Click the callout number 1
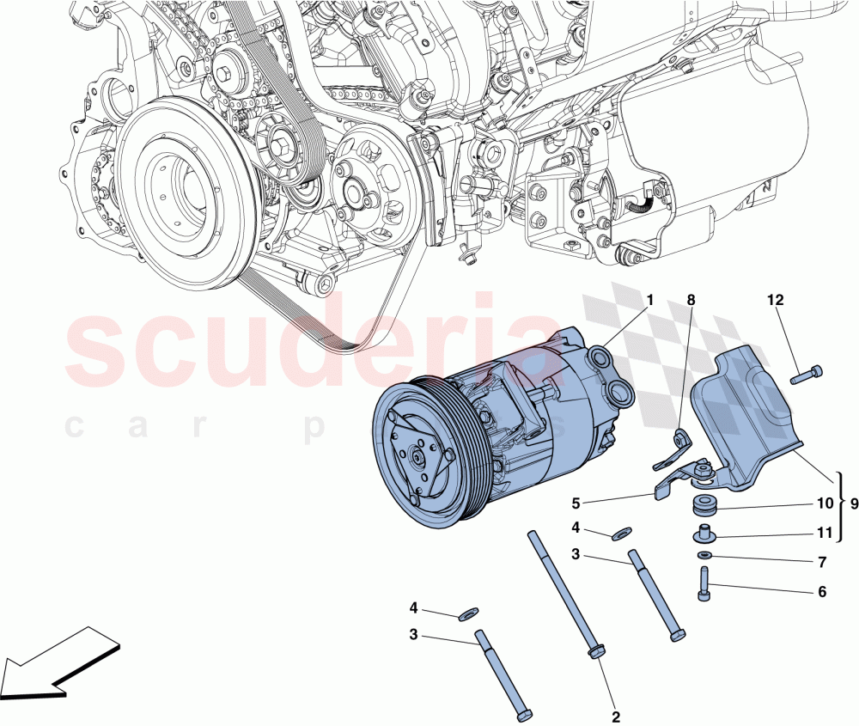[649, 300]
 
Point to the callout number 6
[821, 592]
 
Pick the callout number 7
[821, 563]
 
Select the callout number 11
[825, 534]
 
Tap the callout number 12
[776, 300]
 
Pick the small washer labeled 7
[704, 557]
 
